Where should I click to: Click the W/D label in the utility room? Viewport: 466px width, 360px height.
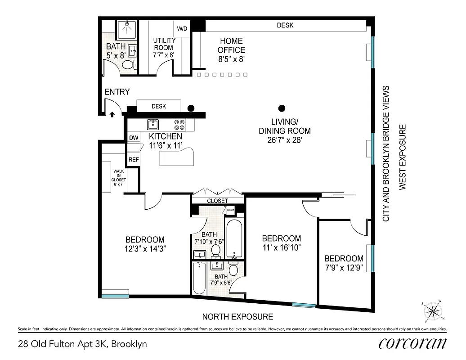click(182, 29)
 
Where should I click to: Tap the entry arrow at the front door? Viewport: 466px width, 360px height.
click(112, 115)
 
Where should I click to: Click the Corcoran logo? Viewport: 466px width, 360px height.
click(412, 344)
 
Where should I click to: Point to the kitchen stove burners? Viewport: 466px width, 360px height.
click(179, 124)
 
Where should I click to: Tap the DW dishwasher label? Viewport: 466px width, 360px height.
click(134, 138)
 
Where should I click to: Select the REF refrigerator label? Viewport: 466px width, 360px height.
click(134, 159)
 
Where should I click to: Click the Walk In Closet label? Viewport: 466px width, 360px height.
click(119, 178)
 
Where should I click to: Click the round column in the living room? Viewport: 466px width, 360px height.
click(282, 108)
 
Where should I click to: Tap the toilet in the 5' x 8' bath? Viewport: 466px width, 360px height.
click(128, 65)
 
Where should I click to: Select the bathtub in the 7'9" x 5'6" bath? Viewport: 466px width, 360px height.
click(199, 278)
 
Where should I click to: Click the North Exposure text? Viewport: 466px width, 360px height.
click(237, 316)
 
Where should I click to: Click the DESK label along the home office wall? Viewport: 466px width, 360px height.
click(285, 25)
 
